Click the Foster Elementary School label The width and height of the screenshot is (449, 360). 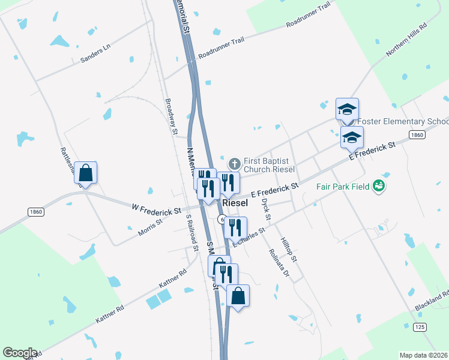point(403,122)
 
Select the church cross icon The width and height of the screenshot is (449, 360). point(234,163)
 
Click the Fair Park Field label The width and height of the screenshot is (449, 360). point(343,187)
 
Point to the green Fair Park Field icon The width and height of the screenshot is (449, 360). point(379,186)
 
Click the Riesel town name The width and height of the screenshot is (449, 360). point(235,203)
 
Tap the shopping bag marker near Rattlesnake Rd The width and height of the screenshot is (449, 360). point(85,173)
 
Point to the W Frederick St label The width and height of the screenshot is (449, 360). point(157,210)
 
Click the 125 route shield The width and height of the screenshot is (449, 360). point(420,326)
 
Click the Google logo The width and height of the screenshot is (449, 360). point(19,353)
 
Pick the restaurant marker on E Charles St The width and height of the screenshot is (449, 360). point(235,227)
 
